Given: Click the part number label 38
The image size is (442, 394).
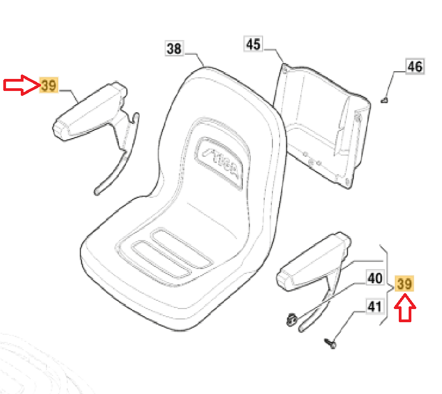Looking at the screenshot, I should pyautogui.click(x=174, y=49).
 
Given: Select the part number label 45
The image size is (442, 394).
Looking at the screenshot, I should pyautogui.click(x=253, y=44).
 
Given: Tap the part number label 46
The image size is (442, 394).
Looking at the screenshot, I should pyautogui.click(x=415, y=67).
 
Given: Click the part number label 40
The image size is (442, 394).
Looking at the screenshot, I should pyautogui.click(x=375, y=278).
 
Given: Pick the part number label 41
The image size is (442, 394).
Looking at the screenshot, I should pyautogui.click(x=374, y=307).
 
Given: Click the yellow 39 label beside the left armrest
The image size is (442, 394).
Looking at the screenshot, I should pyautogui.click(x=49, y=85).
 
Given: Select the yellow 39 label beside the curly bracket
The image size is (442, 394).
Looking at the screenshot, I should pyautogui.click(x=405, y=284).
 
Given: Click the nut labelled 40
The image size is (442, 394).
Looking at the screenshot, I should pyautogui.click(x=292, y=319).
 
